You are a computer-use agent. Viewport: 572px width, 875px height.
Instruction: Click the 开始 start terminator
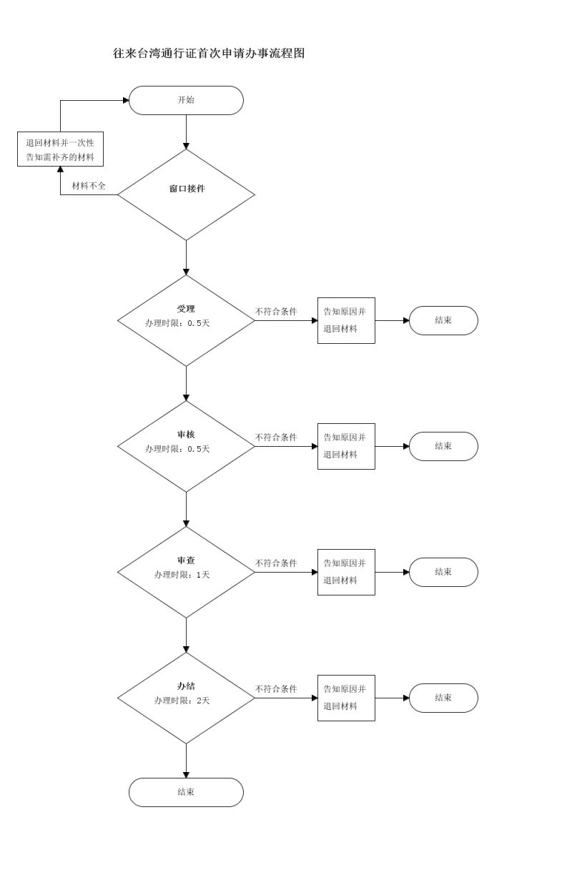coord(186,100)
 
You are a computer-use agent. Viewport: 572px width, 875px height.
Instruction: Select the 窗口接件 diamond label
coord(187,189)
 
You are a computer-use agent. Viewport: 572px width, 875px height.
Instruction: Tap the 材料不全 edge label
coord(89,186)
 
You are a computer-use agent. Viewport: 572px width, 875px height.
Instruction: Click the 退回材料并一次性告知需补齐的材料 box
coord(60,149)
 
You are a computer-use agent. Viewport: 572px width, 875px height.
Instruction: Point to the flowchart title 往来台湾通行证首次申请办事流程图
coord(209,53)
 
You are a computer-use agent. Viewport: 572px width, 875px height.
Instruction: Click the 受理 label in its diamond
coord(186,309)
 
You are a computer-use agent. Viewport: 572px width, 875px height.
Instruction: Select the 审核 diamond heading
coord(186,435)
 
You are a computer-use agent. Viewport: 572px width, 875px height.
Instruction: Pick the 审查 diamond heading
coord(186,560)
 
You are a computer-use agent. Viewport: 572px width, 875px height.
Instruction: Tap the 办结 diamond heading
coord(186,686)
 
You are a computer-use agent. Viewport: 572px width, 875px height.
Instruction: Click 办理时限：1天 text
coord(182,575)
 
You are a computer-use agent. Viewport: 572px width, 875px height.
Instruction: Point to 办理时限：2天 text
coord(182,701)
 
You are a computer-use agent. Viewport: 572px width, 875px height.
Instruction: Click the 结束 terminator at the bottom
coord(186,792)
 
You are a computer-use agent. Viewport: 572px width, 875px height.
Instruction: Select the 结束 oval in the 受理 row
coord(443,321)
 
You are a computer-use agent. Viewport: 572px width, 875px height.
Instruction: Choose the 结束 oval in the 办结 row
coord(443,698)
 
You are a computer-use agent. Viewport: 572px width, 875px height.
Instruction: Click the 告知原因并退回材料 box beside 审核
coord(346,447)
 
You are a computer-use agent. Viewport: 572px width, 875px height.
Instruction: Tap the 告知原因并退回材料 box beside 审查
coord(346,573)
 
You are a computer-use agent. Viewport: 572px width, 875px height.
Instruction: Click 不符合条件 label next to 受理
coord(276,312)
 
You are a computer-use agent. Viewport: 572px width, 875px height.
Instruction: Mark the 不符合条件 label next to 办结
coord(276,688)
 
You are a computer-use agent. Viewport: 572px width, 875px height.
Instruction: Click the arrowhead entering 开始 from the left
coord(126,100)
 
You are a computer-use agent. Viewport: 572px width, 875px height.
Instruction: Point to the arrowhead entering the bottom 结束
coord(186,775)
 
